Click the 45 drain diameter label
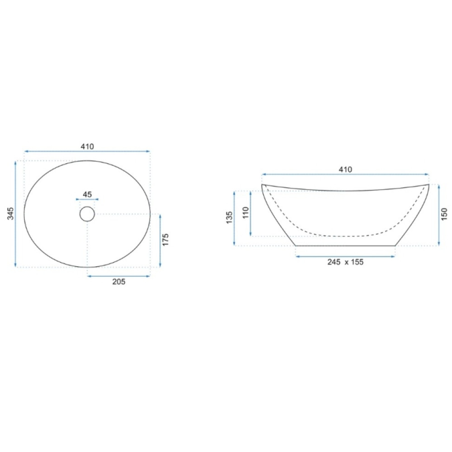87,194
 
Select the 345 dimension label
11,213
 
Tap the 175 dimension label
165,240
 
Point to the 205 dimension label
119,282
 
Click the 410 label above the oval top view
87,147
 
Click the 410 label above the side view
345,169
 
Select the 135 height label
230,218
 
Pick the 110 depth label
245,213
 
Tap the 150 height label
444,214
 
